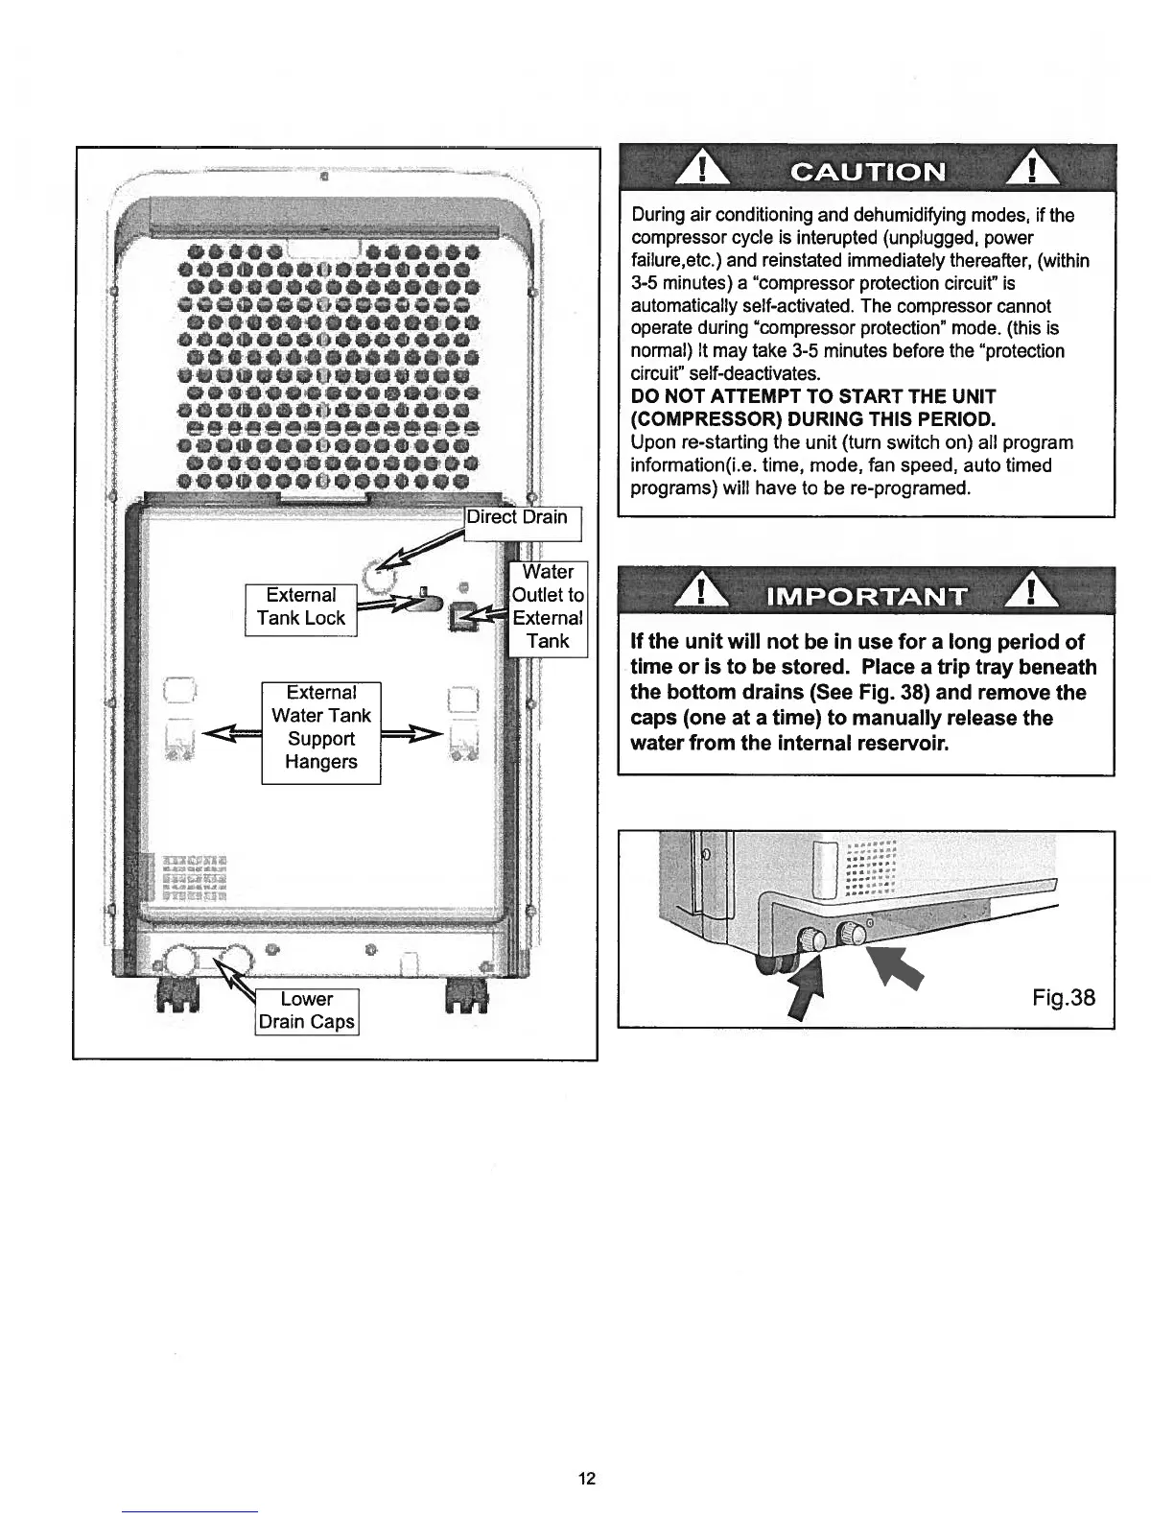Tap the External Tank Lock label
[301, 607]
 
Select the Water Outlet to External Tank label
[547, 607]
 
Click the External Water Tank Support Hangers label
[321, 727]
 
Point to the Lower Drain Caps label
[307, 1011]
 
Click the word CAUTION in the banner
[867, 173]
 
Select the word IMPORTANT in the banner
[867, 596]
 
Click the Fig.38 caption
[1064, 998]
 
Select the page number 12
[587, 1479]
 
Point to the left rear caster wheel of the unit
[178, 1000]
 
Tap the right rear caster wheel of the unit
[467, 1000]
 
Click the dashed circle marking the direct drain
[376, 577]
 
